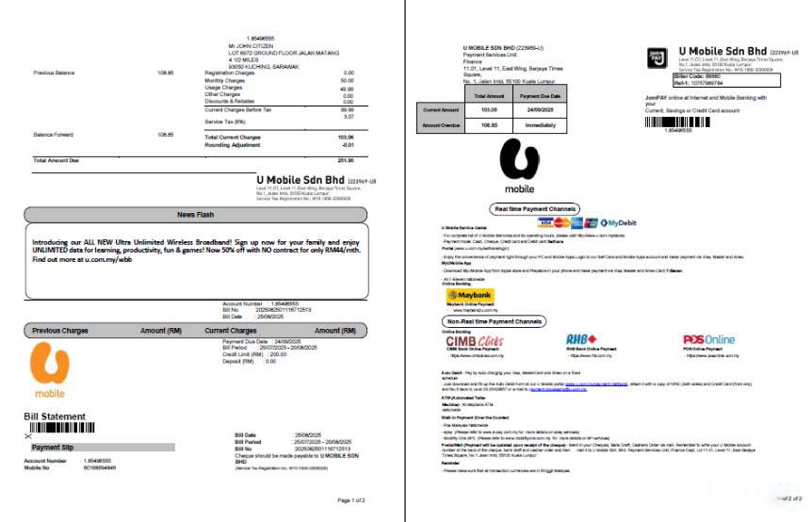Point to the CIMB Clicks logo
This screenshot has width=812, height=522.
click(x=476, y=340)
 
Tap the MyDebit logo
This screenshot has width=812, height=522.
click(x=618, y=222)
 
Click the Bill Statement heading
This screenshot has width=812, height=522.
click(x=55, y=416)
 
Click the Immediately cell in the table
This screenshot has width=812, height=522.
click(x=540, y=123)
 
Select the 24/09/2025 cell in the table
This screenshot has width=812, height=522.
click(x=540, y=109)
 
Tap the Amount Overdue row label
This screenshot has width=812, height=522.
click(x=440, y=123)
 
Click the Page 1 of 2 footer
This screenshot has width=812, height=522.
click(x=350, y=499)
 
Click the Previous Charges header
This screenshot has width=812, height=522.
click(x=60, y=331)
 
